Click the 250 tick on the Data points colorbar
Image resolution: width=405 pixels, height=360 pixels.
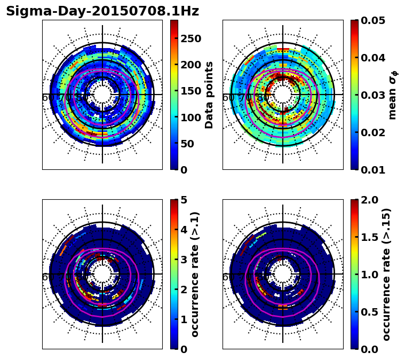pos(190,38)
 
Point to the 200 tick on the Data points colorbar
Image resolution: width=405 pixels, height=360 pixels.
pos(190,65)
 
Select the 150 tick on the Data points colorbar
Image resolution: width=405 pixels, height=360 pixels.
pos(190,91)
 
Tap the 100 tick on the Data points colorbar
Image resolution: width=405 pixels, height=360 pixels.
pos(190,117)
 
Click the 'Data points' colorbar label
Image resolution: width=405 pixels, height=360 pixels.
pos(209,95)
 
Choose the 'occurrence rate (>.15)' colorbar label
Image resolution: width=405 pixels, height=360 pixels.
pos(386,274)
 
